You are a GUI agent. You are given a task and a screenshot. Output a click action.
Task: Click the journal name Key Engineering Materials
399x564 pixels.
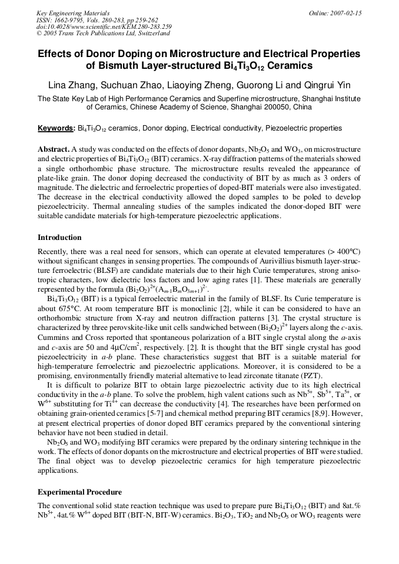[x=73, y=12]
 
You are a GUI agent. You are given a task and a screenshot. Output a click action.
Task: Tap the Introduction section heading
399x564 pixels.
[x=59, y=238]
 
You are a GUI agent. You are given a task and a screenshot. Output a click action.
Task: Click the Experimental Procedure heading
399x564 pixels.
[x=79, y=492]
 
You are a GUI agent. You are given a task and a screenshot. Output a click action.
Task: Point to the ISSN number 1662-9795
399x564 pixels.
[x=65, y=20]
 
